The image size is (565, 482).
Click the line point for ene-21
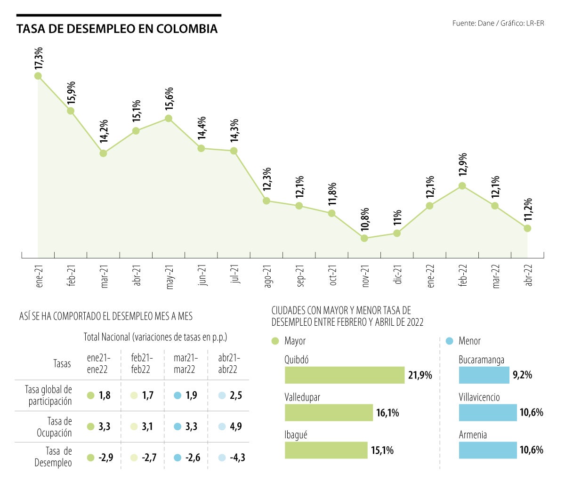(x=38, y=76)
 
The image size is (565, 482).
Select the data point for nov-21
(x=364, y=238)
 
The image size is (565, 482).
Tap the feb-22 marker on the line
(x=462, y=186)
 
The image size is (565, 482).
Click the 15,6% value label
(x=169, y=99)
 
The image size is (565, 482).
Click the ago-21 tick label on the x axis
(x=268, y=277)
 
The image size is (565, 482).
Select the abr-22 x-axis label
(x=529, y=275)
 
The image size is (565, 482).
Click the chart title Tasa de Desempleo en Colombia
(x=117, y=29)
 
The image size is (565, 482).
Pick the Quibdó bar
(x=344, y=375)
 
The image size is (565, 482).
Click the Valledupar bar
(x=329, y=413)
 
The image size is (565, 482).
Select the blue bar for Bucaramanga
(x=484, y=375)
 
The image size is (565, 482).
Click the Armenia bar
(x=488, y=450)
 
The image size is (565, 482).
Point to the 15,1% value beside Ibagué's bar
(x=382, y=450)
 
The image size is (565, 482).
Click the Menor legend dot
(x=449, y=341)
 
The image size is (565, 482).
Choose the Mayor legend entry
(x=289, y=341)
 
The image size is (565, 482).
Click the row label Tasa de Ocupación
(x=54, y=427)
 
